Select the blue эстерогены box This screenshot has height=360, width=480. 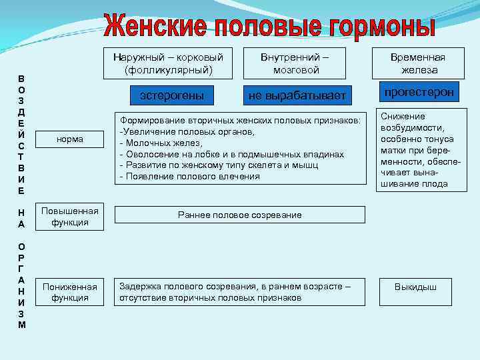coord(173,96)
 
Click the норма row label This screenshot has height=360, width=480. coord(70,140)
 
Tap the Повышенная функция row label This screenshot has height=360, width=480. coord(70,217)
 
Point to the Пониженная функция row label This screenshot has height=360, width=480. coord(70,292)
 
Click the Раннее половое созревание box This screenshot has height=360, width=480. coord(240,215)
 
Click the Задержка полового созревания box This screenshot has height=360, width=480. coord(240,292)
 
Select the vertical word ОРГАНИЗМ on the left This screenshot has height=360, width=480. coord(22,285)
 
